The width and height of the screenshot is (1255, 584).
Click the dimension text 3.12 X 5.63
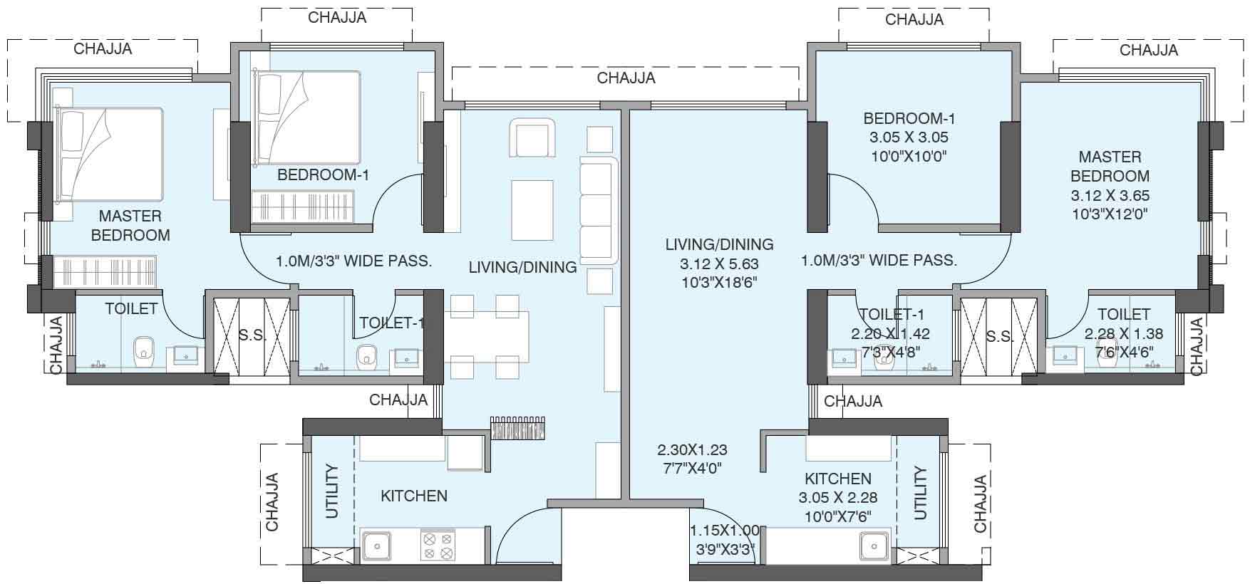tap(719, 264)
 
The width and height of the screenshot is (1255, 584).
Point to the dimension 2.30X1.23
tap(692, 450)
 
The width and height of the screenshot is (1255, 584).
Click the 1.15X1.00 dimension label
tap(725, 531)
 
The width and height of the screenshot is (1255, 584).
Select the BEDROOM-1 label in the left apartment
tap(323, 174)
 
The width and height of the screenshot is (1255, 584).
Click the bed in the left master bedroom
tap(109, 154)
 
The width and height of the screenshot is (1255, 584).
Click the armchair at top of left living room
tap(532, 138)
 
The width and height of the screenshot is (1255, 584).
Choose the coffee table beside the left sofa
tap(532, 210)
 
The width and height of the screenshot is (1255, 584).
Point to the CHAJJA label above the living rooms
tap(626, 78)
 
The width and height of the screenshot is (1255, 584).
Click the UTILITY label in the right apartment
tap(920, 493)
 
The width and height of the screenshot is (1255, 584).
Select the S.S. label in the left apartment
tap(252, 335)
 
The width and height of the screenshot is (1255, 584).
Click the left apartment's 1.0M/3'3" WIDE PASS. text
tap(353, 261)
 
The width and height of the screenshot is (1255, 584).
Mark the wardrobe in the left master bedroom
tap(103, 271)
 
